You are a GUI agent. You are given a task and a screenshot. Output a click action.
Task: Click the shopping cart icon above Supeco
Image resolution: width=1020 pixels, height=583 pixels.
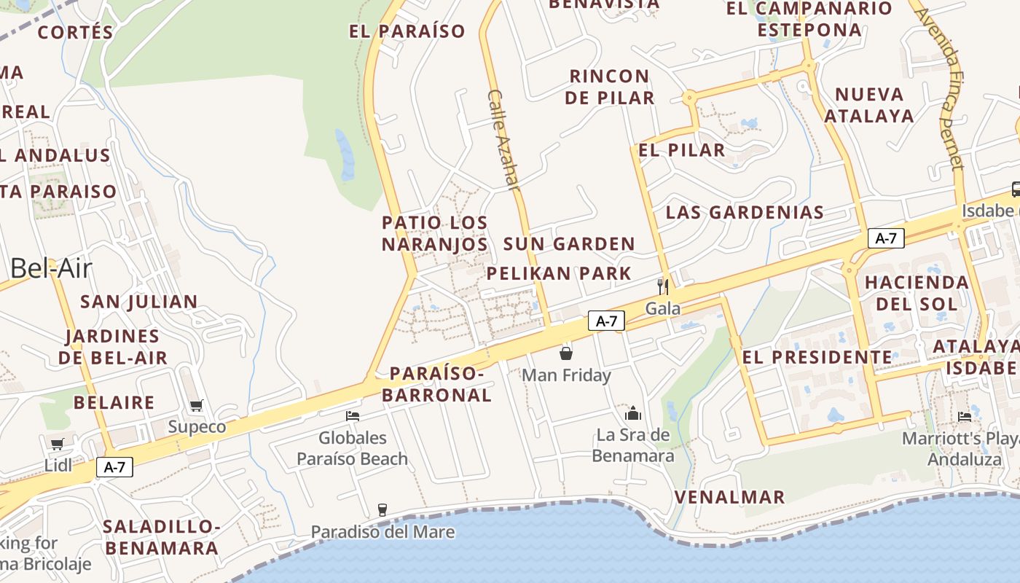tap(196, 405)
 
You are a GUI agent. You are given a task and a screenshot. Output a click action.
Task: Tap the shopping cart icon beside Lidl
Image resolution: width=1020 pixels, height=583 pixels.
tap(57, 443)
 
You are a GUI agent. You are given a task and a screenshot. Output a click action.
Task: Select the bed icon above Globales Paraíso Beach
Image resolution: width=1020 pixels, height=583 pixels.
tap(353, 416)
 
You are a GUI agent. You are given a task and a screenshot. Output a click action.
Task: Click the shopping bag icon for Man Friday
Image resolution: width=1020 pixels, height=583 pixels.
tap(566, 353)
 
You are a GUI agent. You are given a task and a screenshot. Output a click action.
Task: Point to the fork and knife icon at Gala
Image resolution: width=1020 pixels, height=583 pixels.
tap(662, 286)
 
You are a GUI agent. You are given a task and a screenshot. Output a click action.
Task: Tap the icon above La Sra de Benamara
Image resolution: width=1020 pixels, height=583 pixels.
tap(633, 413)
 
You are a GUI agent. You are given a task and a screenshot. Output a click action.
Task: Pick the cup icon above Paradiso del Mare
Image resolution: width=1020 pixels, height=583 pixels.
tap(382, 509)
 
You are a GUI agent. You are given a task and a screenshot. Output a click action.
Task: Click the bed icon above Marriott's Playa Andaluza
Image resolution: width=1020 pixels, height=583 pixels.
tap(965, 416)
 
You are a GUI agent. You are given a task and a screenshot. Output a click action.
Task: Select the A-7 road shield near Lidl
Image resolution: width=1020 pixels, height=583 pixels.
tap(114, 467)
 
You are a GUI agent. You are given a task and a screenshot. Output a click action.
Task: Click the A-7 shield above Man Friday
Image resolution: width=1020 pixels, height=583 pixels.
tap(606, 321)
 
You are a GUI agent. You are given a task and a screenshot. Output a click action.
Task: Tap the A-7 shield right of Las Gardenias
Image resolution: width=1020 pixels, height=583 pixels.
tap(886, 238)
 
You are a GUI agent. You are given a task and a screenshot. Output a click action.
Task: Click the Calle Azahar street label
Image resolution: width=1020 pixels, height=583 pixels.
tap(504, 140)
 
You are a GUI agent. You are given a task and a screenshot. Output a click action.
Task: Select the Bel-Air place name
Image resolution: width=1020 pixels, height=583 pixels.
tap(51, 268)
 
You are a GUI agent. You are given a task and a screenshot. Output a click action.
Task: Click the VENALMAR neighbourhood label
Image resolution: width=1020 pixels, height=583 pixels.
tap(729, 497)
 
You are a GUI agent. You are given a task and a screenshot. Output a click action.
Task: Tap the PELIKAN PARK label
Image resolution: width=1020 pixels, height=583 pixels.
tap(559, 273)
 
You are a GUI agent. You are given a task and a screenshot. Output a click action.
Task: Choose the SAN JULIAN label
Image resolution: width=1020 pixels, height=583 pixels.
tap(138, 301)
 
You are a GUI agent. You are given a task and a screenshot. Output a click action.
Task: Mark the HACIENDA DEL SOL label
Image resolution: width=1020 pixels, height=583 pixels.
tap(917, 292)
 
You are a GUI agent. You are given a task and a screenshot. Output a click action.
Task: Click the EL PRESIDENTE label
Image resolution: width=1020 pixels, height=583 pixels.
tap(817, 357)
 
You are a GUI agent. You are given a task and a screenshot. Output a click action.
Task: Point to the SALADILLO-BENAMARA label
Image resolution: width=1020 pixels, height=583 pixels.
tap(160, 537)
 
